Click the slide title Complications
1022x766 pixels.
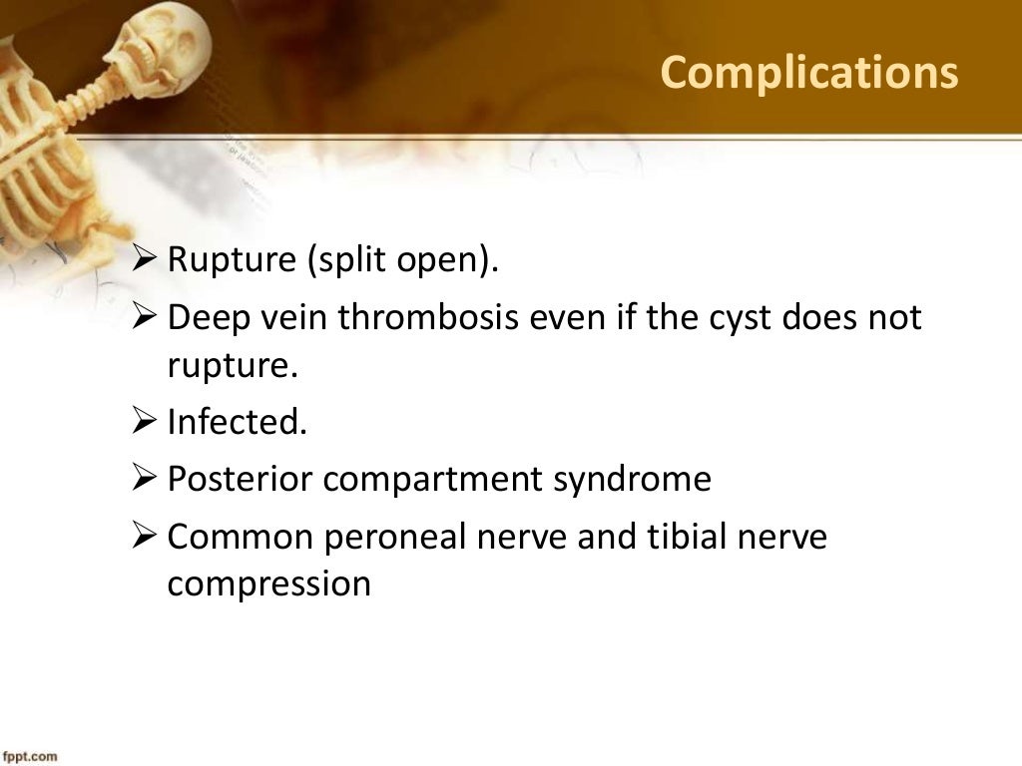[809, 73]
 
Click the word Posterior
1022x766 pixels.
[239, 479]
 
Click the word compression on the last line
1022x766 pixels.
[268, 582]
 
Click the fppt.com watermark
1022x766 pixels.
[29, 755]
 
